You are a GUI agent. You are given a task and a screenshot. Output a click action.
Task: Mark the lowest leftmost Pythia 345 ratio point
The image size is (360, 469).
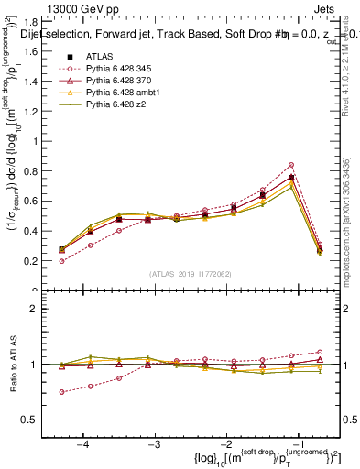pos(61,392)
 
